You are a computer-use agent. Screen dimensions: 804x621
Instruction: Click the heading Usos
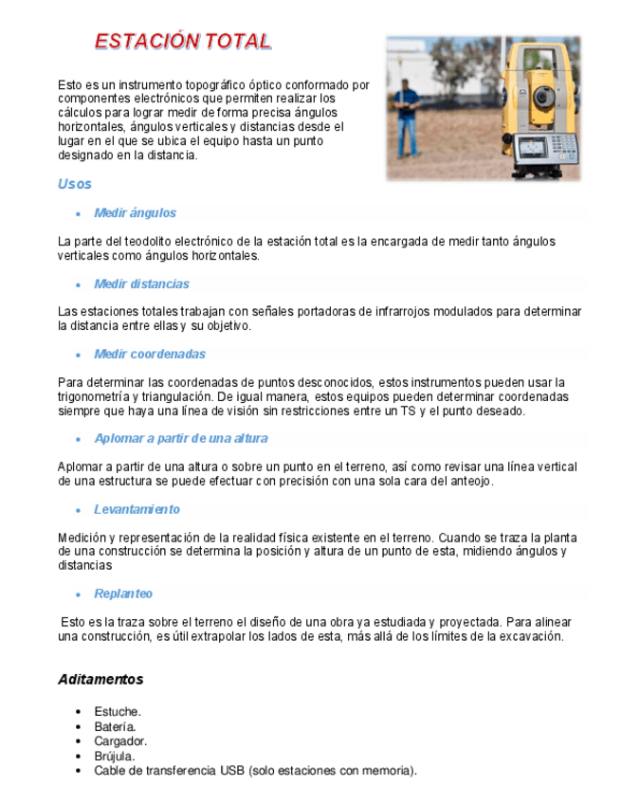75,184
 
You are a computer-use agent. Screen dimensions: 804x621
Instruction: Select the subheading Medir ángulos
135,213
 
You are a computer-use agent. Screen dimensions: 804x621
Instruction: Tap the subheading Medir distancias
141,283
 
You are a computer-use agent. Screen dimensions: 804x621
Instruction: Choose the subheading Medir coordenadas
150,355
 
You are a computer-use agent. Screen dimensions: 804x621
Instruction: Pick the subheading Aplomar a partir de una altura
180,438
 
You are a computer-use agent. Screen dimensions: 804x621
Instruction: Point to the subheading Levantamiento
137,509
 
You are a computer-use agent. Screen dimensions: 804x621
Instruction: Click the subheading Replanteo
123,594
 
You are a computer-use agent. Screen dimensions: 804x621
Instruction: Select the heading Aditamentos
100,679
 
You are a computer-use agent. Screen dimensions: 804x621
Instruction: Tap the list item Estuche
118,711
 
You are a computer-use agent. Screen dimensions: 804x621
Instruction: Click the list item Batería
115,726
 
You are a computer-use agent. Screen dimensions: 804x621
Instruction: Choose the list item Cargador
120,741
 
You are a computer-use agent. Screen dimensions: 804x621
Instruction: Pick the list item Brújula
114,757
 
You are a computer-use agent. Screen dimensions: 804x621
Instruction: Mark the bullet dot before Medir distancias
78,284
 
